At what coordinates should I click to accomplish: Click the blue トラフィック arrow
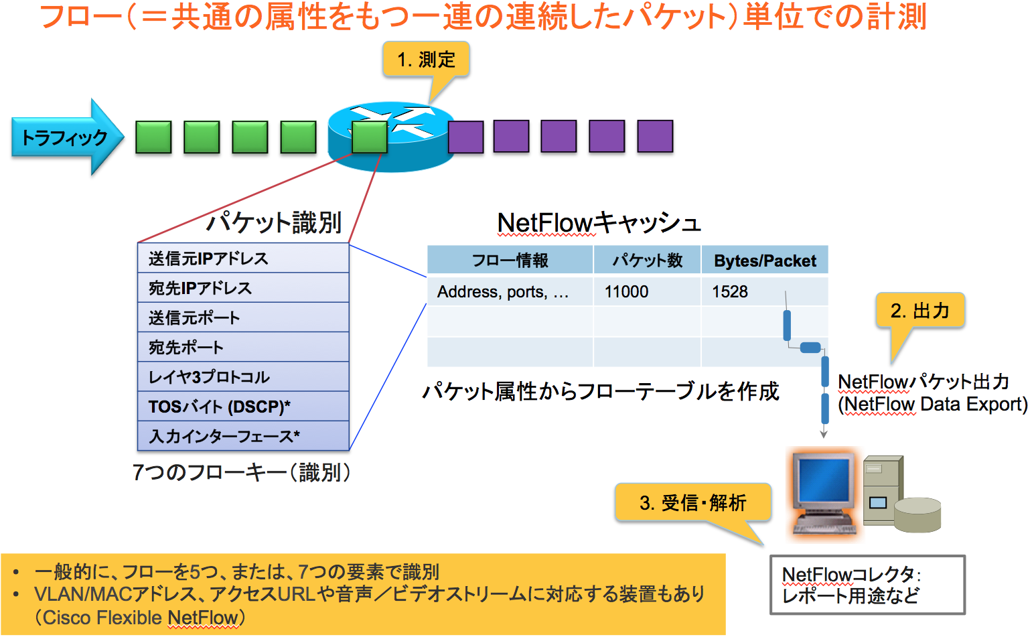coord(64,137)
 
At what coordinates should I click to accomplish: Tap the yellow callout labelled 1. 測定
coord(426,60)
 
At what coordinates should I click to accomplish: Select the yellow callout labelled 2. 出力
coord(919,311)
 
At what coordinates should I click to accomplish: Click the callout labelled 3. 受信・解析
coord(692,502)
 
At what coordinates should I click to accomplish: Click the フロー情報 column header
coord(510,260)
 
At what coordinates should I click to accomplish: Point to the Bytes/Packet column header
coord(765,260)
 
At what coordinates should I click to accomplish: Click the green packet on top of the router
coord(370,137)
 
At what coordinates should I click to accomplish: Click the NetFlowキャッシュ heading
coord(599,222)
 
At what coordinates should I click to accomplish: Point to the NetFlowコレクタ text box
coord(867,585)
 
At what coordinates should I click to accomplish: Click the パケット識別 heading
coord(274,222)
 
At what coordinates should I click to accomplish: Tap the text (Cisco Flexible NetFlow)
coord(140,618)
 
